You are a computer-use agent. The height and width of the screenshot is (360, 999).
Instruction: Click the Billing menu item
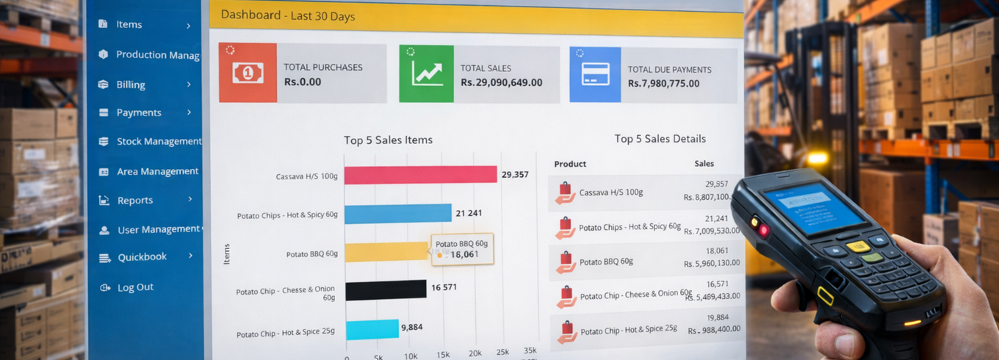(131, 84)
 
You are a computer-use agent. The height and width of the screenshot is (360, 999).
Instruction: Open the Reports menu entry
(135, 200)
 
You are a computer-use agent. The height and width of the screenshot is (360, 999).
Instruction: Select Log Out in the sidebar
(135, 287)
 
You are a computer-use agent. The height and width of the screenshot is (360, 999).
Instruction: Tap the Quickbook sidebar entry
(142, 257)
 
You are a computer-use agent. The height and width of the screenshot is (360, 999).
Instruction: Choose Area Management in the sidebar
(157, 171)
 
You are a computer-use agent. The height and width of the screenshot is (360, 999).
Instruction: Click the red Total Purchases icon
(248, 73)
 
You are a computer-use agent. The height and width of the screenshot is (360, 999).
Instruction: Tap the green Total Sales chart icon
(427, 73)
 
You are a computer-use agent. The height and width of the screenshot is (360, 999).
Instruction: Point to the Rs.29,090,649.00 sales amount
(501, 82)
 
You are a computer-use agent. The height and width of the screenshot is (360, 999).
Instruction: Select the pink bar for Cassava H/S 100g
(420, 174)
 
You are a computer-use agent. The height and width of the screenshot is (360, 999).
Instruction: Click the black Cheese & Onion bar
(386, 289)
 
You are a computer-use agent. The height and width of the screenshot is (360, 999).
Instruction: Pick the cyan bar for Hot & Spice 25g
(372, 329)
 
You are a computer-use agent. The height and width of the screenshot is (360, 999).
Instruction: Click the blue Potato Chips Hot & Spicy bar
(397, 214)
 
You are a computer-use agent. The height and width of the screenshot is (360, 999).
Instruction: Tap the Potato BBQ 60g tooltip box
(461, 249)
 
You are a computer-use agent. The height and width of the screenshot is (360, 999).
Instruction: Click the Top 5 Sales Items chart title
(388, 140)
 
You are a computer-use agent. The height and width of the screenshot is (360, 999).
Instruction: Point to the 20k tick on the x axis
(475, 353)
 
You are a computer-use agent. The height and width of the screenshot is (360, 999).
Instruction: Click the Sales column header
(704, 164)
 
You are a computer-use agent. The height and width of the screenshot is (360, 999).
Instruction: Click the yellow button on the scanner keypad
(856, 246)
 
